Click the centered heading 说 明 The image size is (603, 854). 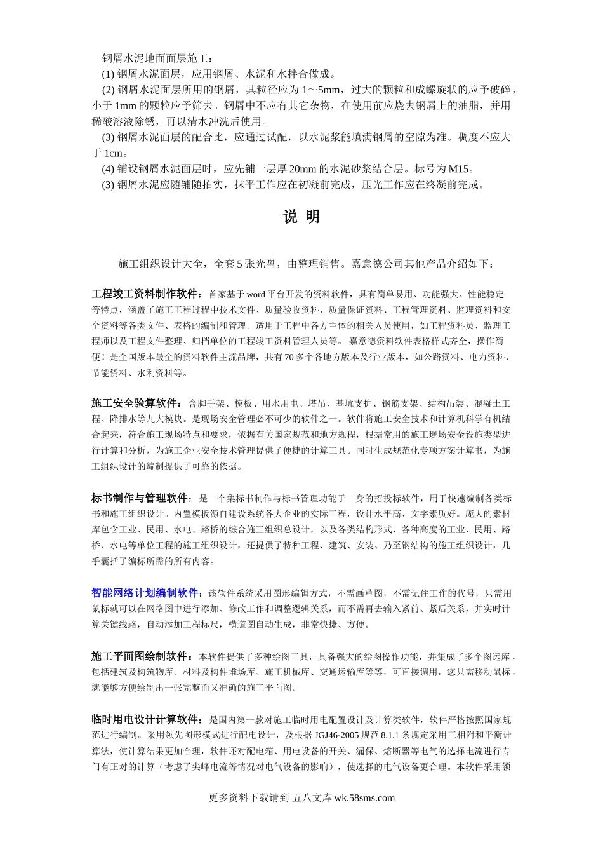tap(301, 217)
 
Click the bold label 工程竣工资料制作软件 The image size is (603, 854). tap(145, 294)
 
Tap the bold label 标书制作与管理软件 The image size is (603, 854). tap(140, 498)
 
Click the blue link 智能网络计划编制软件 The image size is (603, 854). tap(145, 593)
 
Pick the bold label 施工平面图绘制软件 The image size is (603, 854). tap(140, 656)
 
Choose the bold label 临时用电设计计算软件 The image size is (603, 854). tap(145, 720)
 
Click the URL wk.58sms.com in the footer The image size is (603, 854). tap(364, 798)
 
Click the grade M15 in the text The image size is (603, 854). tap(460, 169)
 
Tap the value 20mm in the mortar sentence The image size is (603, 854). tap(302, 169)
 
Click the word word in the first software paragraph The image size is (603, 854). tap(256, 294)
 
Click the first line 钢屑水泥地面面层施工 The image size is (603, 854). tap(158, 58)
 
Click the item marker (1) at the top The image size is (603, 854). tap(108, 74)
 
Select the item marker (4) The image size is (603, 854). tap(108, 169)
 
